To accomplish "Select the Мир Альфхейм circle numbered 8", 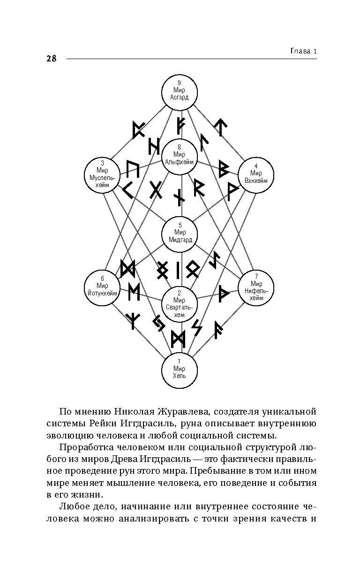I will (x=180, y=155).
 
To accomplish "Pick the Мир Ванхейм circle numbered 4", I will (x=256, y=174).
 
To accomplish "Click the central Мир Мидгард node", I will (x=180, y=233).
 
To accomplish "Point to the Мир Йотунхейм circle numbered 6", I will (x=102, y=286).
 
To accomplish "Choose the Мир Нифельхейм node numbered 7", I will (x=256, y=287).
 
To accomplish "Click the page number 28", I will (x=52, y=59).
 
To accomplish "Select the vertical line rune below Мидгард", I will (x=178, y=270).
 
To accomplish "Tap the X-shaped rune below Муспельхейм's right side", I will (x=156, y=189).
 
